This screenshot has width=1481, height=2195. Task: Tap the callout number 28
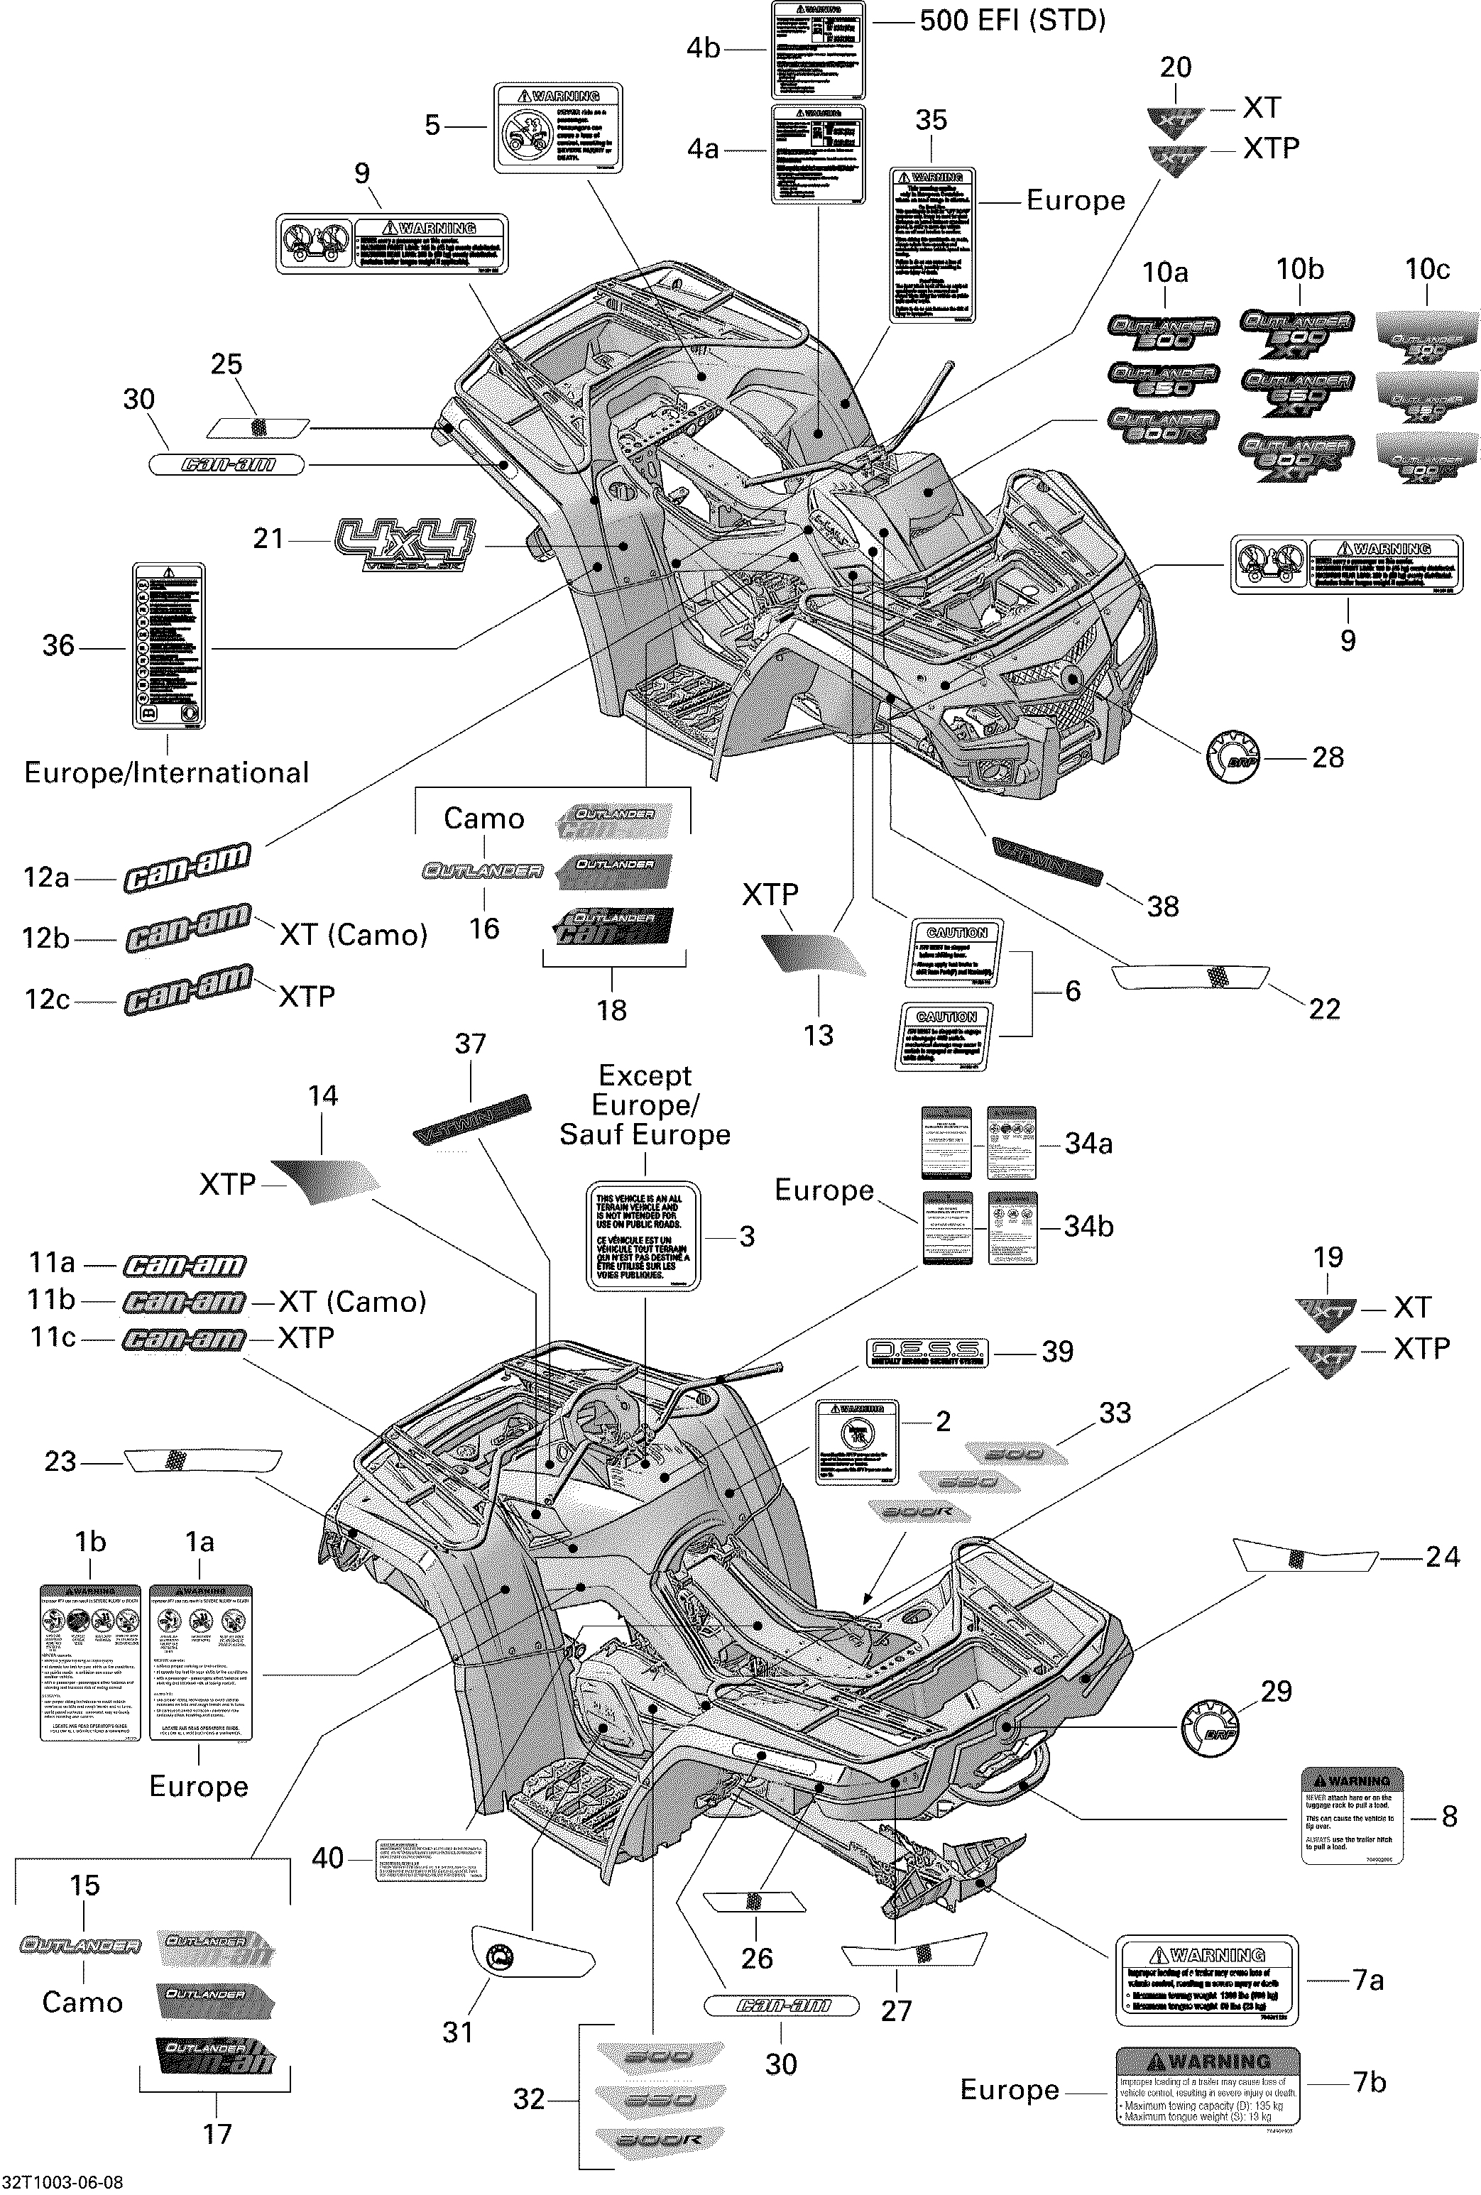(1327, 757)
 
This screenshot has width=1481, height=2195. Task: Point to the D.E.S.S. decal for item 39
(927, 1352)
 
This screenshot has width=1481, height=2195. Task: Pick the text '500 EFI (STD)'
(1012, 21)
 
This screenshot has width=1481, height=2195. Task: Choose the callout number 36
(58, 646)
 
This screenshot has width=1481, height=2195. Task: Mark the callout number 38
(1163, 907)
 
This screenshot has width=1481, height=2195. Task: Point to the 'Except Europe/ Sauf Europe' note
(645, 1105)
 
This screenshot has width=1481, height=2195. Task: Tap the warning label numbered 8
(1352, 1815)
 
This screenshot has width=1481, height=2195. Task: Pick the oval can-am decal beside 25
(226, 465)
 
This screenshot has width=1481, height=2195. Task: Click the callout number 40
(328, 1858)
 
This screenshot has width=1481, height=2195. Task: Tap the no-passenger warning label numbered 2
(857, 1443)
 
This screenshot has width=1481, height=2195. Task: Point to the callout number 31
(458, 2032)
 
